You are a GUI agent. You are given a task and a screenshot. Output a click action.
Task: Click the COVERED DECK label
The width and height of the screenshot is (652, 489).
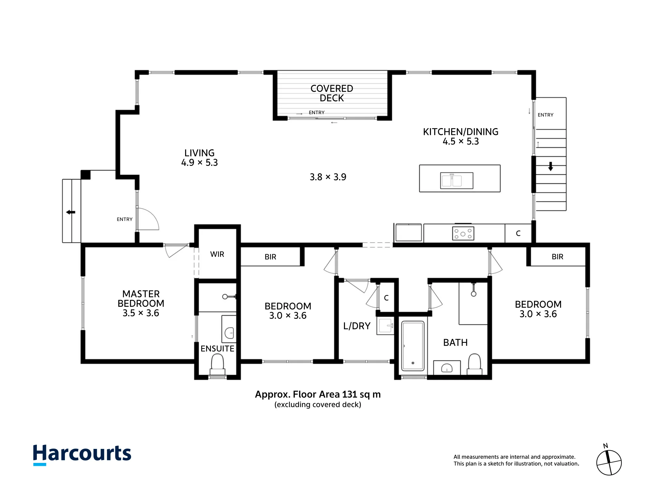point(332,93)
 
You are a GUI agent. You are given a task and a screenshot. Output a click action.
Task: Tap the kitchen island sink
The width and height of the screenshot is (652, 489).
point(456,181)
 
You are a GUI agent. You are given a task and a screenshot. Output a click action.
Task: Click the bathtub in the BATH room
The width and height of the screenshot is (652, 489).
point(413,346)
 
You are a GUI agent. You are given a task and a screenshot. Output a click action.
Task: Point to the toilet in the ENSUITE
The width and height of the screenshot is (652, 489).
point(217,364)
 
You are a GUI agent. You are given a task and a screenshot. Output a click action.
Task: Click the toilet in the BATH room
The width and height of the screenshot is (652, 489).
point(474,364)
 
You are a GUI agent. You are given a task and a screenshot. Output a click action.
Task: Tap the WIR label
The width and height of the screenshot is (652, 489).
point(217,254)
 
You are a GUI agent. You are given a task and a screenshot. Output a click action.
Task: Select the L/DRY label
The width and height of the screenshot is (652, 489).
point(357,326)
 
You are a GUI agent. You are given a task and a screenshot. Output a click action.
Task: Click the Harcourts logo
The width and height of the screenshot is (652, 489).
point(82,454)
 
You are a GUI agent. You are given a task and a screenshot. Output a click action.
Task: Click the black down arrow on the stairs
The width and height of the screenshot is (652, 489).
point(551,166)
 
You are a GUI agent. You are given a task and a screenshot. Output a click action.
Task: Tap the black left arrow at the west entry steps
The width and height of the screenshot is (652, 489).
point(71,212)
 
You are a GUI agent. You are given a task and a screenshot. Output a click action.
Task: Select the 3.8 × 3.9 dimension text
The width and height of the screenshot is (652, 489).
point(328,177)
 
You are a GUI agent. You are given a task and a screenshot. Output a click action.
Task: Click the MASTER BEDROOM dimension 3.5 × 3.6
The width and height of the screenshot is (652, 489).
point(141,313)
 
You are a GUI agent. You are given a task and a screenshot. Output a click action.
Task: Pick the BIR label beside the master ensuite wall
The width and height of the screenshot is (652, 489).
point(270,257)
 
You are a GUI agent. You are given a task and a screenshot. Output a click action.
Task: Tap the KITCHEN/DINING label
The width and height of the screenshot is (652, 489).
point(461,132)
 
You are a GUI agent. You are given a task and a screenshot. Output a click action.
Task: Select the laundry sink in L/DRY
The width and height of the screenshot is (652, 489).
point(385,326)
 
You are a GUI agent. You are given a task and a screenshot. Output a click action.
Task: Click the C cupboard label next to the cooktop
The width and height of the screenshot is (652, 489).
point(518,233)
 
